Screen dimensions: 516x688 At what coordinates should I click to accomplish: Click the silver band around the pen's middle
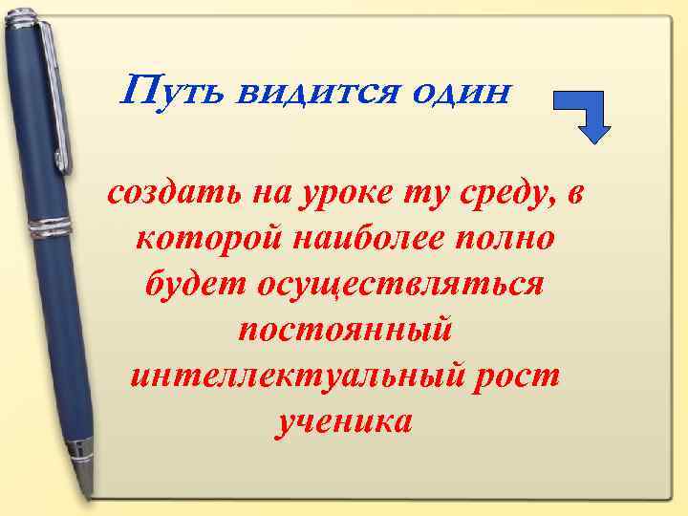click(53, 230)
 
